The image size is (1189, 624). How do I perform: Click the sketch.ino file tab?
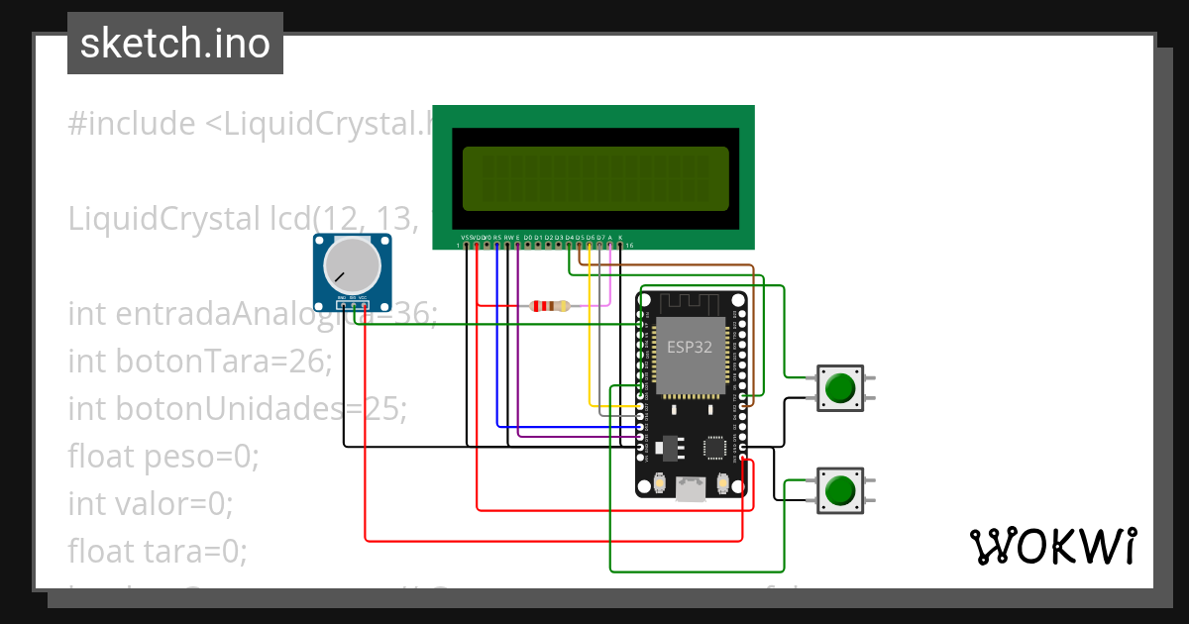[x=175, y=44]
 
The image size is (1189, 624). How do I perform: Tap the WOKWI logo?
[x=1051, y=546]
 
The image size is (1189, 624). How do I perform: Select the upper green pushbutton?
[x=841, y=387]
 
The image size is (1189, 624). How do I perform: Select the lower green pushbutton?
[x=840, y=490]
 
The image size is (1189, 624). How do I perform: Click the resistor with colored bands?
[x=550, y=306]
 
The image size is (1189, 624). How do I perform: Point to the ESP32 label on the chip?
[x=689, y=347]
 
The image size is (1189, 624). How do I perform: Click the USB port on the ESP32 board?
[x=691, y=487]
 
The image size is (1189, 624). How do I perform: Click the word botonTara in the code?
[x=214, y=362]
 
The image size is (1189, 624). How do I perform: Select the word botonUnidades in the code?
[x=238, y=409]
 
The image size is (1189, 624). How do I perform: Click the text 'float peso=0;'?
[x=163, y=457]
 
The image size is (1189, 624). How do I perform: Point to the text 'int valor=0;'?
[x=151, y=504]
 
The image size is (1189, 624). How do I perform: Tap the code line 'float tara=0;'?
[x=158, y=550]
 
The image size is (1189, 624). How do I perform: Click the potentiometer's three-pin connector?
[x=352, y=300]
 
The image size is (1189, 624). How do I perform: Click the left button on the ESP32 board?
[x=660, y=482]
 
